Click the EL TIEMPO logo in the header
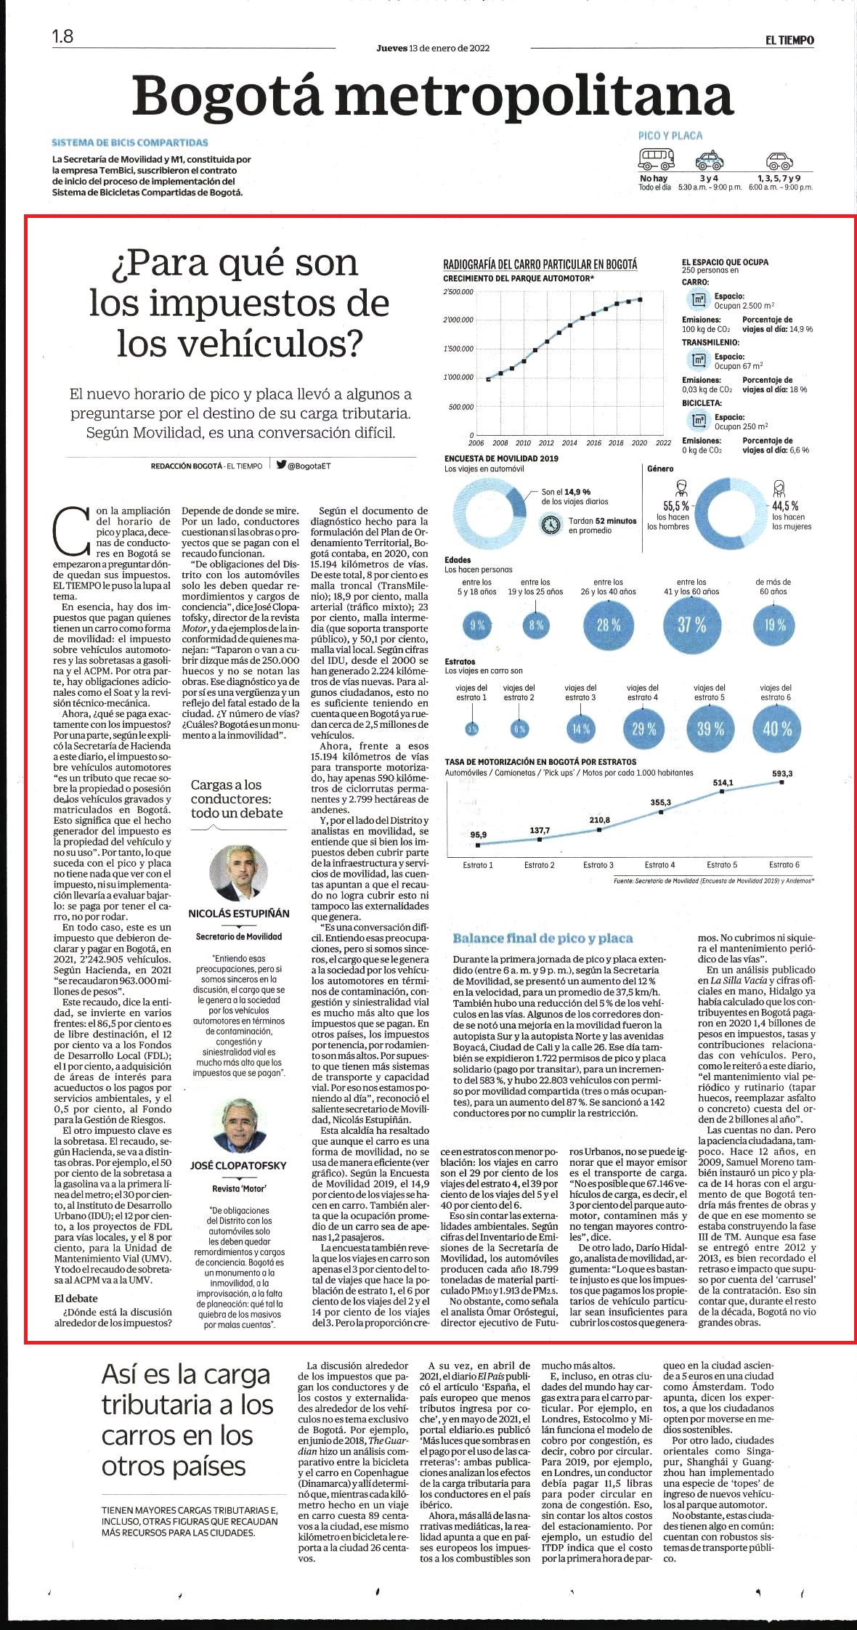(789, 41)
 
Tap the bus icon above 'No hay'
(656, 159)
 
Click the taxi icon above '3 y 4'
(708, 160)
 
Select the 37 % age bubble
(691, 624)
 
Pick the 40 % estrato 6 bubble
(776, 728)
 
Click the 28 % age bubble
(609, 625)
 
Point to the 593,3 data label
(782, 773)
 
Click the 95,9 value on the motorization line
(479, 835)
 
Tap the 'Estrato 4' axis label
(659, 864)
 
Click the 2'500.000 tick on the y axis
(458, 292)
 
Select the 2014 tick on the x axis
(569, 442)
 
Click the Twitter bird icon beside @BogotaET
(280, 465)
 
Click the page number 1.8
(62, 36)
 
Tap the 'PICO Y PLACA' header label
(670, 135)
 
